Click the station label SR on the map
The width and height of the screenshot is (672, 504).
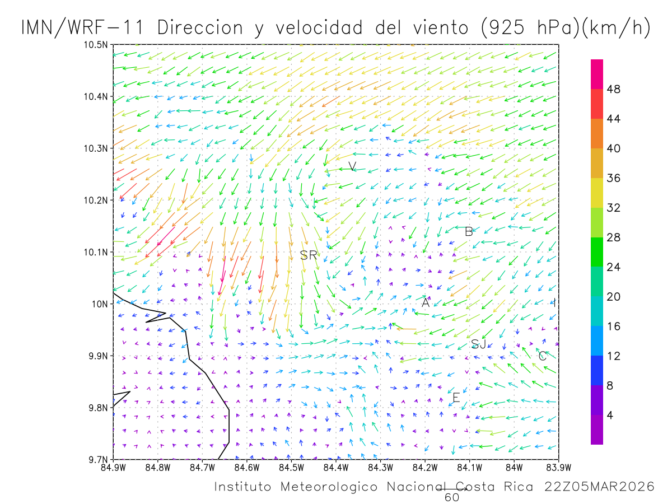pos(309,255)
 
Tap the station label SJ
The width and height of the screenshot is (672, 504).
pos(478,344)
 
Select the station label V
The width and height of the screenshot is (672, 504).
pos(352,166)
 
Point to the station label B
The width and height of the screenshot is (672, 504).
pos(469,231)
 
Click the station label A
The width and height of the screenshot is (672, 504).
pos(426,303)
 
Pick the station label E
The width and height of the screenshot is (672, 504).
pos(456,398)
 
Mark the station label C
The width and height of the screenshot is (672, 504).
pos(542,356)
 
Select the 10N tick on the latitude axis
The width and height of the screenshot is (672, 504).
pos(100,304)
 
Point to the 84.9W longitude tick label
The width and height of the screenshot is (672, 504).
pos(113,468)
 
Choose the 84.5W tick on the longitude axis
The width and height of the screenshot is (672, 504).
pos(291,468)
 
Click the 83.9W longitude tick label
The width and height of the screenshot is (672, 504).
pos(558,468)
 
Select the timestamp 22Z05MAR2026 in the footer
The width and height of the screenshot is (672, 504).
pos(599,487)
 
